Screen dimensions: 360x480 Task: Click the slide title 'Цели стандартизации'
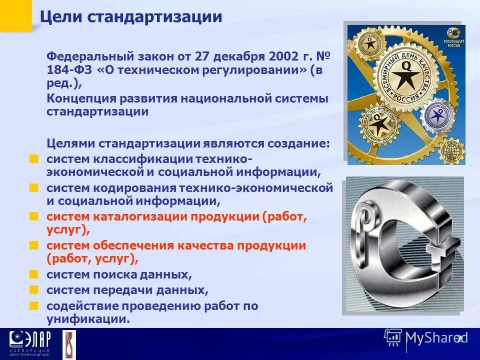point(131,16)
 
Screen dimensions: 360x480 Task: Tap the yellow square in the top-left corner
point(15,15)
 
